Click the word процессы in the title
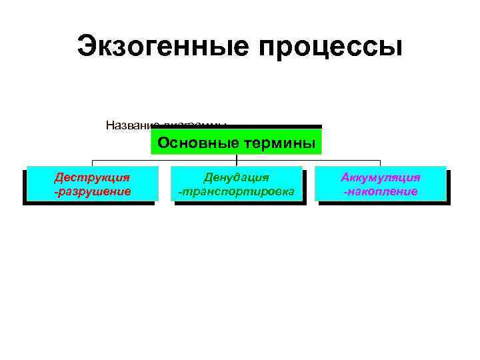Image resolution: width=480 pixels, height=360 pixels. point(327,47)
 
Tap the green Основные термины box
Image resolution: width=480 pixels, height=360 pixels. point(236,141)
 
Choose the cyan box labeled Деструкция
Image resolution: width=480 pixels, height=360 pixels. point(92,183)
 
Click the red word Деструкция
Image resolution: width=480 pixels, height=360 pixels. point(92,177)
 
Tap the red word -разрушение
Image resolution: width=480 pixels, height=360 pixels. point(92,191)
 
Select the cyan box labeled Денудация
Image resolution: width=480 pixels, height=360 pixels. point(237,183)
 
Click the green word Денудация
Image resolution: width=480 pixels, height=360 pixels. point(237,177)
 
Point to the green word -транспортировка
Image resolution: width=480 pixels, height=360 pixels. point(237,191)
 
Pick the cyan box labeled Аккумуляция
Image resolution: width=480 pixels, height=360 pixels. point(381,183)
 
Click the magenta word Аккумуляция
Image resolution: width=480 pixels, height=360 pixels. point(381,177)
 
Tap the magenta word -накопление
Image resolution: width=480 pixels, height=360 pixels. point(381,191)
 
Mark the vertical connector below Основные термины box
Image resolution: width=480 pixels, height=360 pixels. point(237,158)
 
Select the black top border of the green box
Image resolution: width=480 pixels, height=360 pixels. point(236,127)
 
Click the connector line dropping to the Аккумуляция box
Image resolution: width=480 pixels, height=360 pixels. point(380,163)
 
